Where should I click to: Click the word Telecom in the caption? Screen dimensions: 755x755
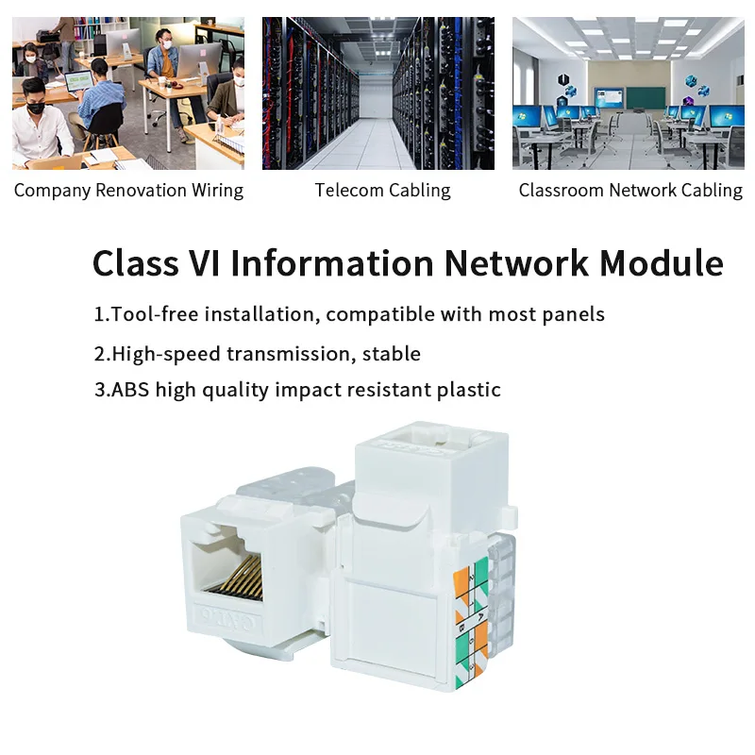click(x=345, y=191)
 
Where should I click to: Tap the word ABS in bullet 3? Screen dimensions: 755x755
click(x=130, y=389)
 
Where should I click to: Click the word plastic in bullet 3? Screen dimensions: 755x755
click(x=468, y=389)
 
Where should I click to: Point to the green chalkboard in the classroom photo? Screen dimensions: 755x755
click(x=646, y=96)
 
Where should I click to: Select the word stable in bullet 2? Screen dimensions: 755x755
click(x=394, y=354)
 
